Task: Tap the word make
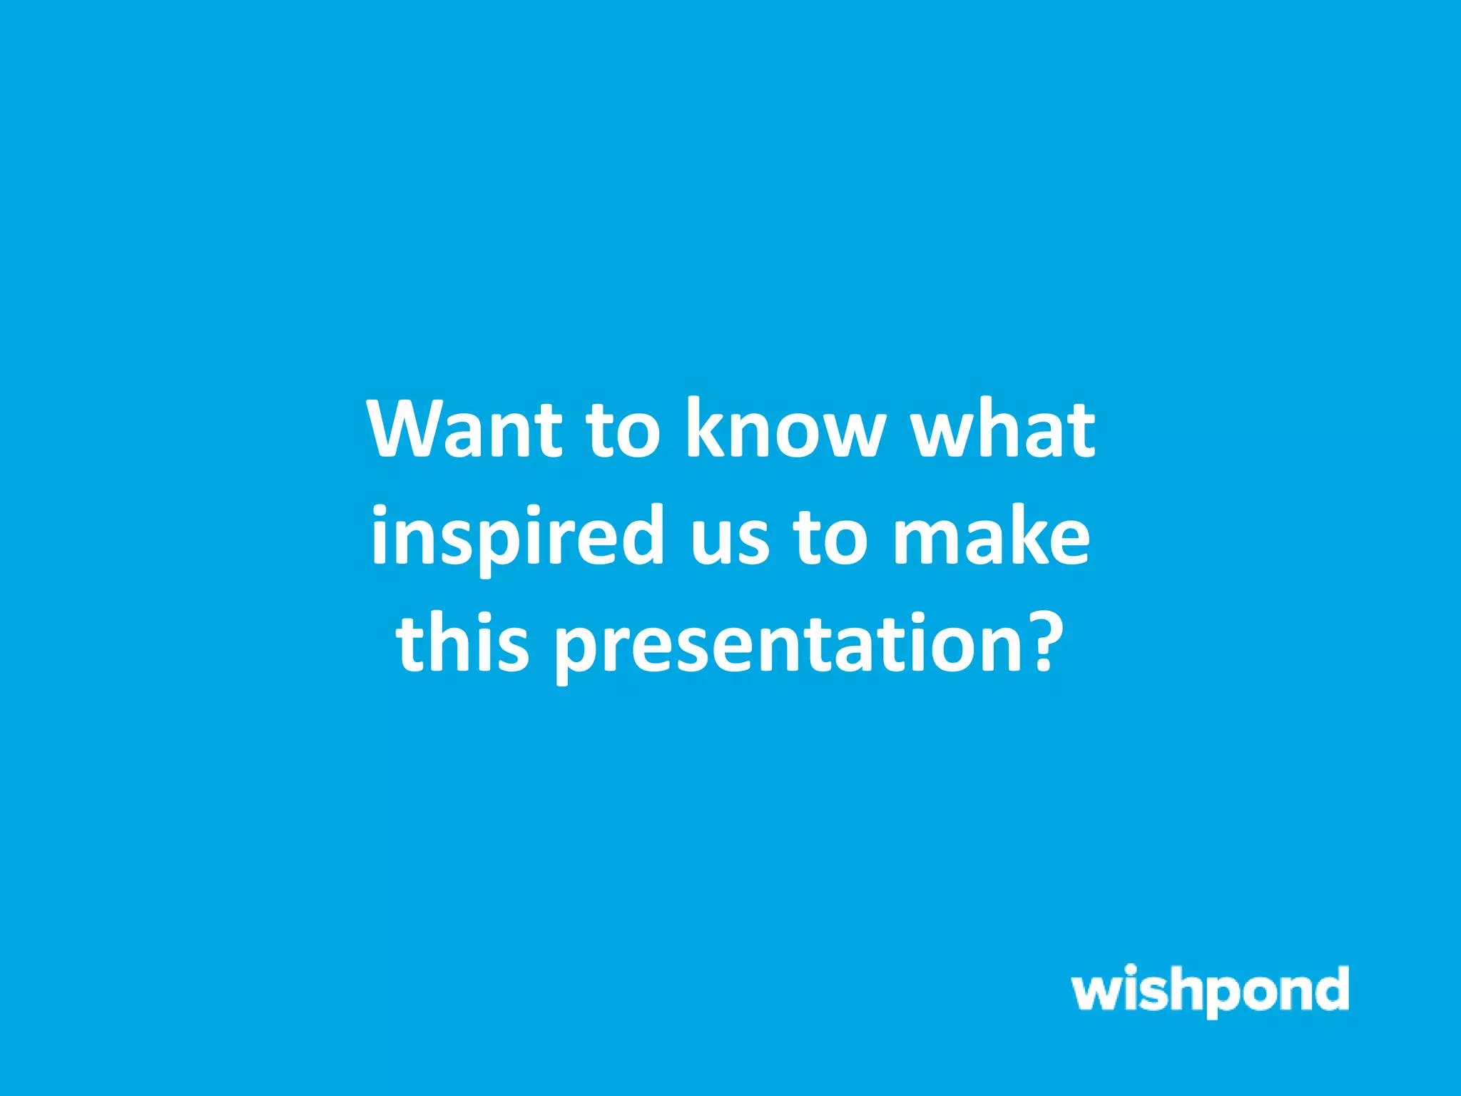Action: [992, 535]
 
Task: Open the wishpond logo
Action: [1210, 990]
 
